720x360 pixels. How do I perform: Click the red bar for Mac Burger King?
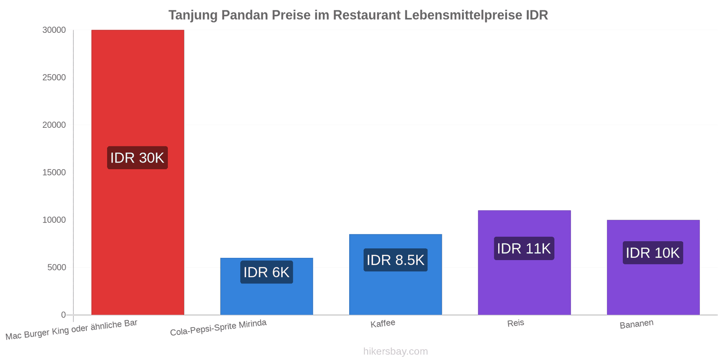coord(138,172)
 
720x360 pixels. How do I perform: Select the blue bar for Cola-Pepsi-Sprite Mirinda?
coord(266,286)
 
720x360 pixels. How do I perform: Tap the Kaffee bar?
coord(396,274)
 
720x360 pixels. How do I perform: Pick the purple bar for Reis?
coord(524,263)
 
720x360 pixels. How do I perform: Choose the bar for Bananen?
coord(653,267)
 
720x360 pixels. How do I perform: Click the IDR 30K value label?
coord(138,158)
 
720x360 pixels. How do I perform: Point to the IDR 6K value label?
coord(266,272)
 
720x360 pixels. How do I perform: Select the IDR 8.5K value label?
coord(396,260)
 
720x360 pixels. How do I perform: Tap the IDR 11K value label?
coord(524,248)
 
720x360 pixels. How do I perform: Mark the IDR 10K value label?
coord(653,252)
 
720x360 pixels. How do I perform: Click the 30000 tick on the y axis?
coord(54,30)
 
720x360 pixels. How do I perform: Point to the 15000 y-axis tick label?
coord(54,172)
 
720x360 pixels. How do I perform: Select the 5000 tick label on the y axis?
coord(57,267)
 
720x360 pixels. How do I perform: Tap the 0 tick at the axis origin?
coord(63,315)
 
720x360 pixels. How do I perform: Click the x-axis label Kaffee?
coord(383,324)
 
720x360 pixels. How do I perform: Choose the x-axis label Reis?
coord(516,323)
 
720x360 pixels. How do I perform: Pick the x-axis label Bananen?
coord(636,324)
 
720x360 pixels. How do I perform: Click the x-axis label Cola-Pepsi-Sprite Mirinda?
coord(218,328)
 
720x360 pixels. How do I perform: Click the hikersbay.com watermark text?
coord(396,351)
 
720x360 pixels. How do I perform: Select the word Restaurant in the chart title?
coord(366,15)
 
